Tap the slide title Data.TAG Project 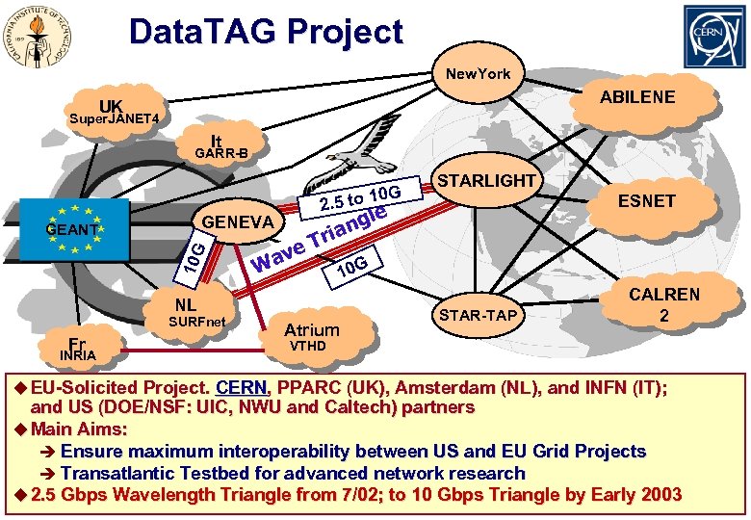(266, 32)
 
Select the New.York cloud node (477, 74)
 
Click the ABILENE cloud (636, 97)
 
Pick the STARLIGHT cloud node (485, 182)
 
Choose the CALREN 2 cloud (664, 304)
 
